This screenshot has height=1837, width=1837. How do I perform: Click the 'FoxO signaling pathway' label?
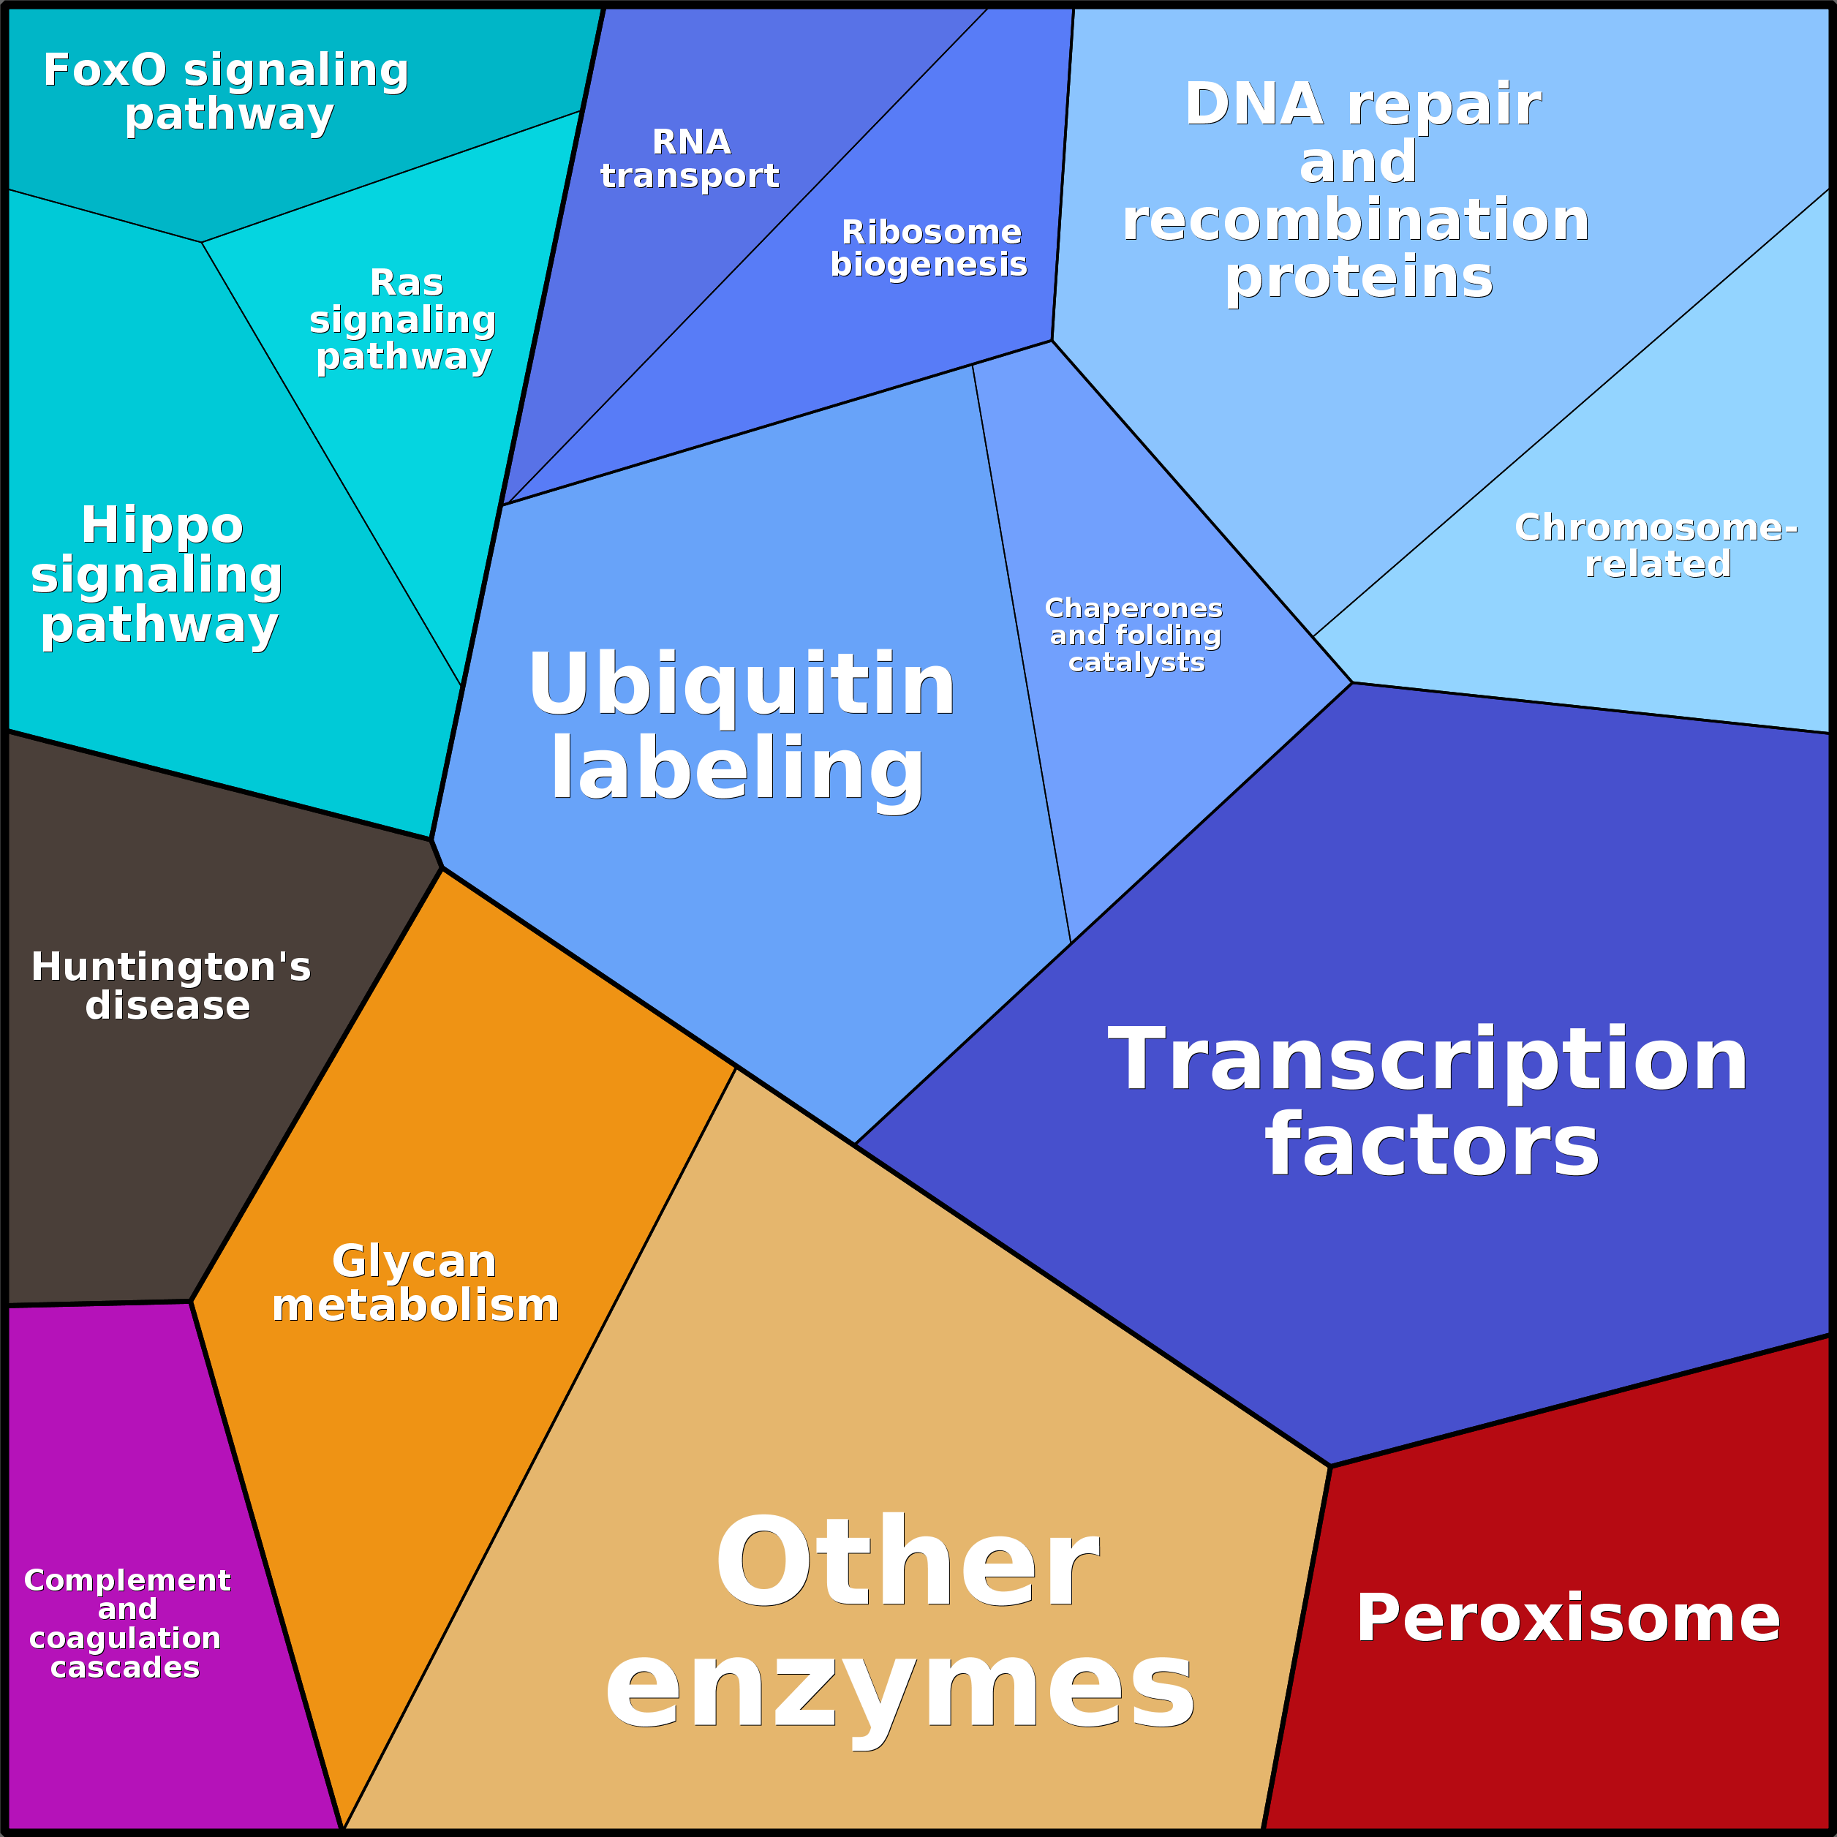(226, 92)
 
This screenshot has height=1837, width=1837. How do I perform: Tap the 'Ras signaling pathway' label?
(403, 320)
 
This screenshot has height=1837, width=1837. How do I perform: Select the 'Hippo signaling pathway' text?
(158, 576)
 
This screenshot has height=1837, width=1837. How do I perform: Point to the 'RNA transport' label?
(690, 159)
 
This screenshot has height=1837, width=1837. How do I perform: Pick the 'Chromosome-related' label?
(1656, 546)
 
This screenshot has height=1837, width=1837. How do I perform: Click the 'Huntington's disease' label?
(170, 986)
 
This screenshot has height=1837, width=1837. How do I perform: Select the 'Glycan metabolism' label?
(415, 1283)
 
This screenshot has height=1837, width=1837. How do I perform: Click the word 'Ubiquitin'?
(742, 684)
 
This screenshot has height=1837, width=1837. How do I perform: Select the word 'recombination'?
(1356, 219)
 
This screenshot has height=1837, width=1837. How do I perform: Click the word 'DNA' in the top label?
(1253, 104)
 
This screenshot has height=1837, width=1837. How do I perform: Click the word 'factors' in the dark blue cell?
(1432, 1146)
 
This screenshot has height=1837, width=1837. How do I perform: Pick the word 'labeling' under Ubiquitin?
(738, 771)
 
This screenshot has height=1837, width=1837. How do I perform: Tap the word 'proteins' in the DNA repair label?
(1359, 279)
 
